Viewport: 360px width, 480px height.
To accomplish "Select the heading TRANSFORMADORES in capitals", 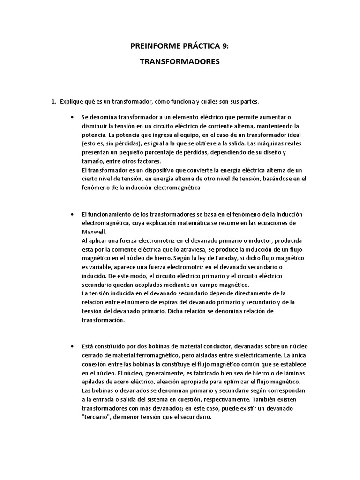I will [180, 61].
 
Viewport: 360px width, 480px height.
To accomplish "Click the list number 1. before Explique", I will [54, 101].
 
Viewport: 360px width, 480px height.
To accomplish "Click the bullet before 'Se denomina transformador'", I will [71, 117].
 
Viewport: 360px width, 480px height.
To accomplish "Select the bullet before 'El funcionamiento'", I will [71, 214].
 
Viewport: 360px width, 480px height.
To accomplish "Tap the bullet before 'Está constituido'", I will [71, 346].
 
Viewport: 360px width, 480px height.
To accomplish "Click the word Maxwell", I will [94, 231].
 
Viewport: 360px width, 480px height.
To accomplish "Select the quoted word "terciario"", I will [96, 417].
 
